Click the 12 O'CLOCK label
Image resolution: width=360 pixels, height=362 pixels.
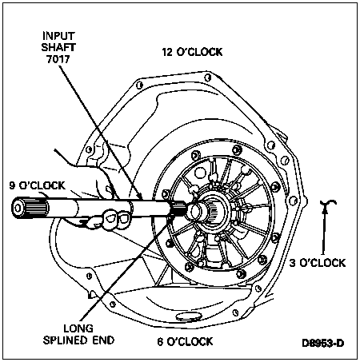(x=192, y=52)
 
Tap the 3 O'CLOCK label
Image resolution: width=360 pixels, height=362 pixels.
(x=318, y=263)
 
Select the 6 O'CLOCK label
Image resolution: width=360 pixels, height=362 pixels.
(x=185, y=341)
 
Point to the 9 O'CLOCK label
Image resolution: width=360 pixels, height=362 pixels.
(x=37, y=185)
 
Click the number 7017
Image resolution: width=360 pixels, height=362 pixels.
(x=58, y=59)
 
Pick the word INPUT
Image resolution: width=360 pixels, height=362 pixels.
(x=58, y=36)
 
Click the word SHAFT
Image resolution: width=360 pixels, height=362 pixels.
(x=58, y=47)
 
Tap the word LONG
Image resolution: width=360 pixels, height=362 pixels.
(x=78, y=328)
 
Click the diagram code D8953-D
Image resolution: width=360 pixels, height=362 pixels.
(x=323, y=343)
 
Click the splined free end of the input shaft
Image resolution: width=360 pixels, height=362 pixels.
(x=30, y=208)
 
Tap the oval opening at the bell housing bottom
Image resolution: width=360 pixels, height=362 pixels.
(x=188, y=316)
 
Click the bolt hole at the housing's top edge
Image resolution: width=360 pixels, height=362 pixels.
(x=207, y=78)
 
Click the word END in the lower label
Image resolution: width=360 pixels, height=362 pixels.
(x=103, y=340)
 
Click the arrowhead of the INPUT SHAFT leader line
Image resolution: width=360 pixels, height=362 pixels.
(x=141, y=197)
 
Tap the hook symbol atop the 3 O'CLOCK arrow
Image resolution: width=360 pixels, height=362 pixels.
(x=328, y=202)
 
